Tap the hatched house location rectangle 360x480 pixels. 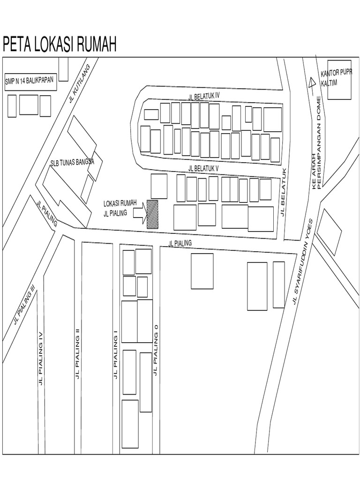tap(152, 214)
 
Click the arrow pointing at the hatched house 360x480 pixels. tap(140, 214)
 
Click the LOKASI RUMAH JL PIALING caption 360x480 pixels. tap(120, 207)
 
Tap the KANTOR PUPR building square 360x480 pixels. tap(339, 79)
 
